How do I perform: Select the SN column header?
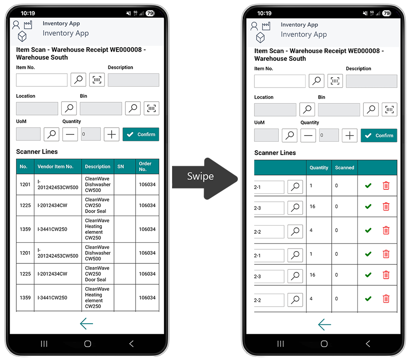click(121, 167)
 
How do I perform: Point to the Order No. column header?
click(145, 166)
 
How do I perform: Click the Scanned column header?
click(344, 168)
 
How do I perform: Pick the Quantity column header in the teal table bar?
click(319, 168)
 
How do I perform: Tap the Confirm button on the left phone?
click(141, 134)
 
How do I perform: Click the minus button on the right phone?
click(308, 136)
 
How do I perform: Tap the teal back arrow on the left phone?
click(86, 324)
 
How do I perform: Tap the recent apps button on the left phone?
click(44, 344)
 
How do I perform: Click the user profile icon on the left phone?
click(16, 25)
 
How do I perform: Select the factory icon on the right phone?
click(266, 26)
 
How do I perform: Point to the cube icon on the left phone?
click(22, 36)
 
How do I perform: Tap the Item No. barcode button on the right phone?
click(335, 81)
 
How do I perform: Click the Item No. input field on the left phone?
click(42, 80)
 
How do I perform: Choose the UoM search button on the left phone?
click(51, 134)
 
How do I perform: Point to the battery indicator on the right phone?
click(387, 13)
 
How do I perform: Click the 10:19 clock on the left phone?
click(28, 13)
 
